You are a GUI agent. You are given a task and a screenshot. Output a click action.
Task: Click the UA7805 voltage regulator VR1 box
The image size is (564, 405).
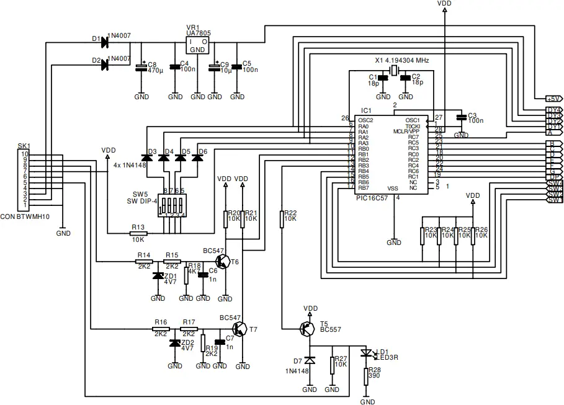pyautogui.click(x=197, y=45)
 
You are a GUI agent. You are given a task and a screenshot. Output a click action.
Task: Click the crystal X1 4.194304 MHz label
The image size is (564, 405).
pyautogui.click(x=401, y=60)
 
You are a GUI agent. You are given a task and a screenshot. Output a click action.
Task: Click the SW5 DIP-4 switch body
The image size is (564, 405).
pyautogui.click(x=172, y=205)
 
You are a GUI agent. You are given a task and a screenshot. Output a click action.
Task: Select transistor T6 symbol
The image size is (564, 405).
pyautogui.click(x=224, y=261)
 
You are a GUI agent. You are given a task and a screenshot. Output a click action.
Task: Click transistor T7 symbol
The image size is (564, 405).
pyautogui.click(x=240, y=329)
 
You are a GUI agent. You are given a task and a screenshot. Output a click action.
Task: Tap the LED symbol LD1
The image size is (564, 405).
pyautogui.click(x=365, y=353)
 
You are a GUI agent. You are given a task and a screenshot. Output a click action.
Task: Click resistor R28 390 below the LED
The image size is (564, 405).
pyautogui.click(x=365, y=376)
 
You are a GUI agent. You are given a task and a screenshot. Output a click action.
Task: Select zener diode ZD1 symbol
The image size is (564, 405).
pyautogui.click(x=158, y=275)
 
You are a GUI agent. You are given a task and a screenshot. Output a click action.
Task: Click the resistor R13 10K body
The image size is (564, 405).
pyautogui.click(x=138, y=233)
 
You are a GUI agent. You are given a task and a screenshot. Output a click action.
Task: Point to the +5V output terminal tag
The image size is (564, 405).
pyautogui.click(x=553, y=99)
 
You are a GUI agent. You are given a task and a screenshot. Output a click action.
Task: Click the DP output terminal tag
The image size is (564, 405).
pyautogui.click(x=553, y=177)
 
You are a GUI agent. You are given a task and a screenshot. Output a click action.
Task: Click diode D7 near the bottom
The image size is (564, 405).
pyautogui.click(x=310, y=360)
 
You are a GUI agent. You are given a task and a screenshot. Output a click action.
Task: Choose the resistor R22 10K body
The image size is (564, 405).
pyautogui.click(x=282, y=218)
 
